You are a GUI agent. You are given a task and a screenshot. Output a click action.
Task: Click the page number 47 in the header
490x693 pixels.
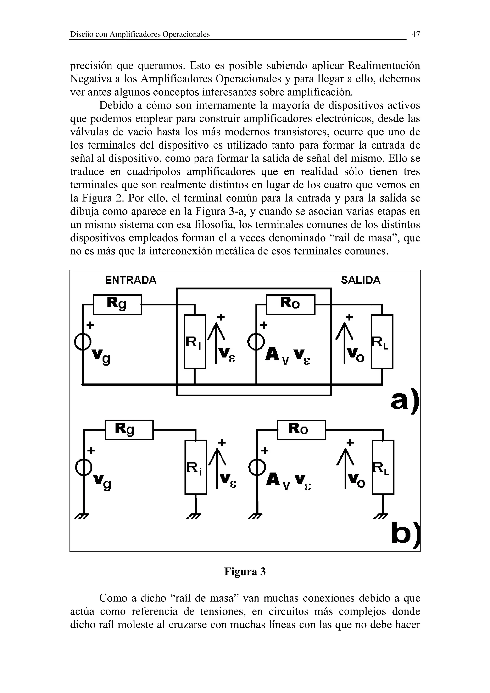(416, 34)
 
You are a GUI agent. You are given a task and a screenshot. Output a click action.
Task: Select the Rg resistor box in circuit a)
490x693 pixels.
(117, 304)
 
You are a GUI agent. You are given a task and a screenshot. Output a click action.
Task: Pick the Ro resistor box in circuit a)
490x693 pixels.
(290, 304)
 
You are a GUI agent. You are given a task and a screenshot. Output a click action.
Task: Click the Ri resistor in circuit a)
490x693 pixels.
(195, 342)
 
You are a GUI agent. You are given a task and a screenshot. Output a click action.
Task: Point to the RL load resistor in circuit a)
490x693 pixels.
(382, 342)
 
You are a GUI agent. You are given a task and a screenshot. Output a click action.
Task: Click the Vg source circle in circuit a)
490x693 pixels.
(83, 342)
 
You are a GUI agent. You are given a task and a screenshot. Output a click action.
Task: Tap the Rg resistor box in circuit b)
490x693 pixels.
(129, 430)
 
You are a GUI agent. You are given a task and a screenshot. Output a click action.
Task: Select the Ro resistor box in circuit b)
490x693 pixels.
(301, 430)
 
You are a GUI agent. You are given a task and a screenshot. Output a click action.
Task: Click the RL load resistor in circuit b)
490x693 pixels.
(383, 467)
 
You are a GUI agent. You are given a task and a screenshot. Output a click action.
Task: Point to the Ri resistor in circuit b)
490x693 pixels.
(196, 467)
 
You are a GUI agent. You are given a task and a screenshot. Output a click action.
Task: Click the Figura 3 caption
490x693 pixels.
(245, 571)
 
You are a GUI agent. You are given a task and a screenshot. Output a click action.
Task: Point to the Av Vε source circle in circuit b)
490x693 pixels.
(257, 468)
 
